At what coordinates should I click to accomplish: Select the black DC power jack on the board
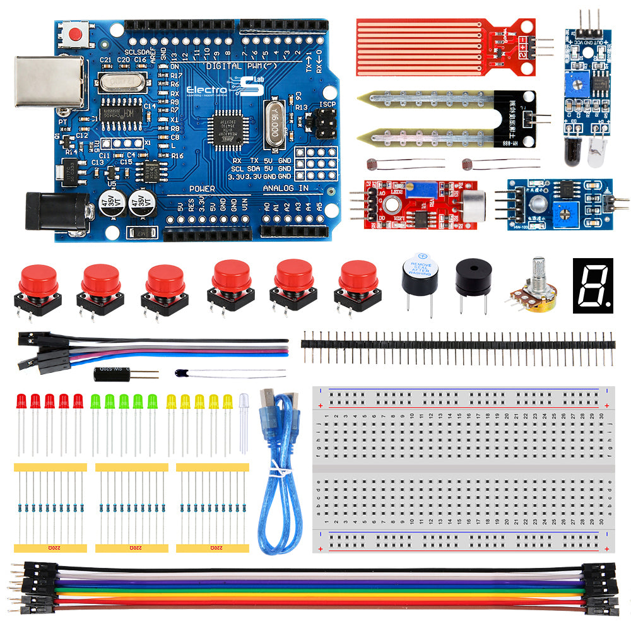click(56, 211)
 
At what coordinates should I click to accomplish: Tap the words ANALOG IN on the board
click(285, 189)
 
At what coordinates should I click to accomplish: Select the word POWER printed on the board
click(202, 189)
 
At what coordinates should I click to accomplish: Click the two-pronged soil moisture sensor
click(442, 117)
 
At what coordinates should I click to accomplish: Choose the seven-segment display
click(593, 285)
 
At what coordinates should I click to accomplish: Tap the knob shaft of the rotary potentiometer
click(538, 269)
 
